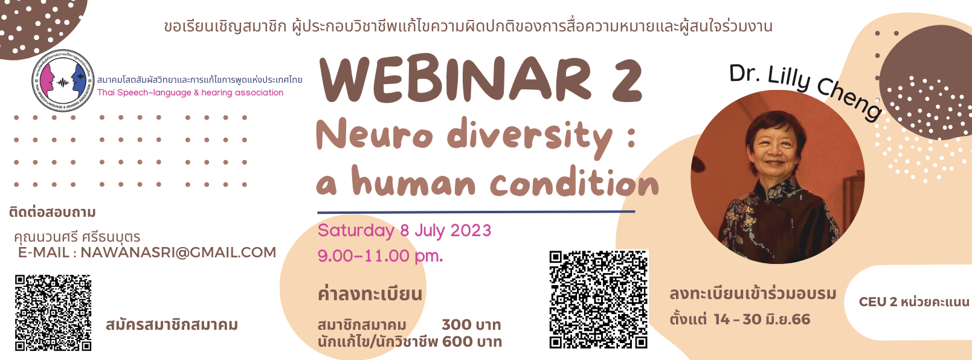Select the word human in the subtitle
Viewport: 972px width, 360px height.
click(414, 183)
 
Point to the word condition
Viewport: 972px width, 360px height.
click(574, 184)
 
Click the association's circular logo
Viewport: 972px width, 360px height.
click(62, 80)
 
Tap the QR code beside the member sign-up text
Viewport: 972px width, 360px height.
click(53, 313)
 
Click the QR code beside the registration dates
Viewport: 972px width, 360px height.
click(598, 300)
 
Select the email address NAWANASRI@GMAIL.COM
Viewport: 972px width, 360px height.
click(178, 252)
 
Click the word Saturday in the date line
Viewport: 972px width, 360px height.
click(356, 231)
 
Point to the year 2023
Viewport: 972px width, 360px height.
click(471, 231)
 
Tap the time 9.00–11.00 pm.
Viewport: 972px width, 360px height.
click(380, 256)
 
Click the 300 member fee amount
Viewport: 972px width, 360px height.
click(457, 325)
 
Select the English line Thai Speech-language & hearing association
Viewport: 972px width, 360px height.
click(190, 92)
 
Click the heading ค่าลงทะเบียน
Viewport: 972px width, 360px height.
click(370, 294)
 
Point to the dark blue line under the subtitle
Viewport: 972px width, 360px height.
click(476, 212)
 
